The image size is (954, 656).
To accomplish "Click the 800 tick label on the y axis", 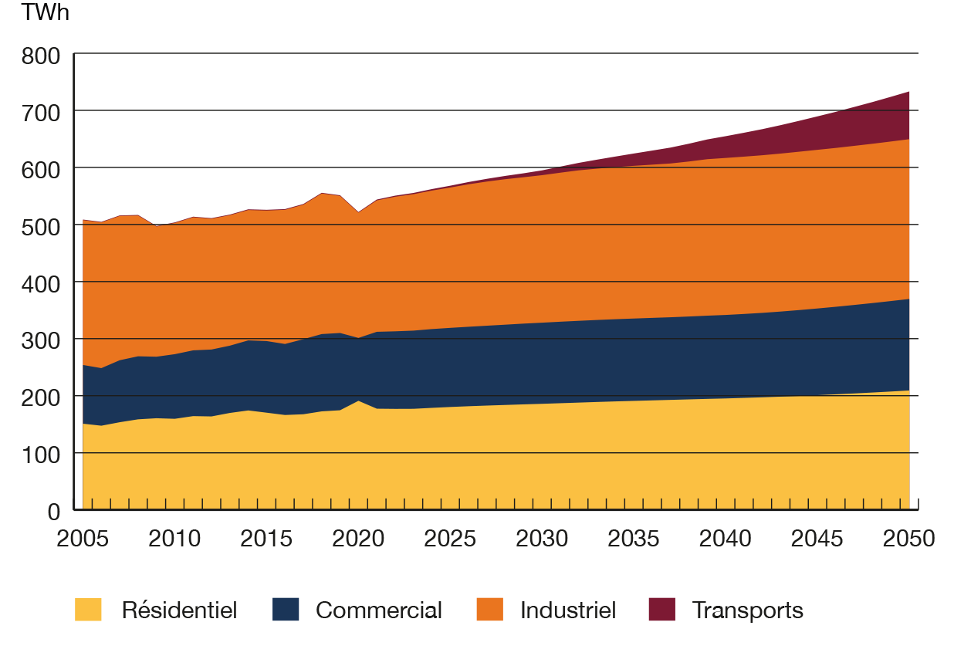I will pos(42,56).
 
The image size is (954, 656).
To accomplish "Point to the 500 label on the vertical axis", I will pos(42,226).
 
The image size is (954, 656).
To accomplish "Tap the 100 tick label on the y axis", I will pos(42,455).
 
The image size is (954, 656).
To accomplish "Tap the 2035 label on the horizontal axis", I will pos(634,537).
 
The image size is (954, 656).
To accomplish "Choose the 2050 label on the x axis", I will pos(908,537).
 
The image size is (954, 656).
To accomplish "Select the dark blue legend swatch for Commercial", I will pos(286,610).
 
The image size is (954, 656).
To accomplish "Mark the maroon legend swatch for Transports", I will pos(661,610).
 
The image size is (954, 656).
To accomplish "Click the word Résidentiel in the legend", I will pos(179,610).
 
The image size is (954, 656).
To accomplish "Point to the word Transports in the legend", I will pos(748,610).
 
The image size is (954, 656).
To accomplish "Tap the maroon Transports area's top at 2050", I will pos(908,91).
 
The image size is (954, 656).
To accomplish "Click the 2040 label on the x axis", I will pos(726,537).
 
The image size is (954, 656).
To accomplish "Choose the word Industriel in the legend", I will pos(568,610).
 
